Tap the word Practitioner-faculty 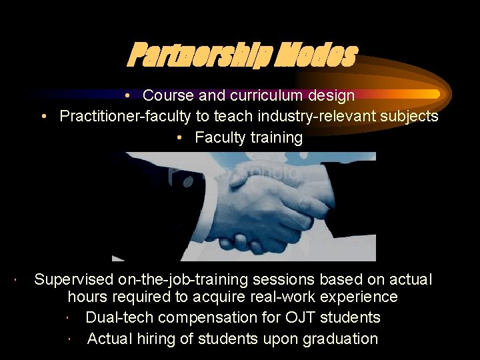coord(125,117)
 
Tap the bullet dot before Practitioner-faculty coord(43,117)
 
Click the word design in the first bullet coord(331,96)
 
